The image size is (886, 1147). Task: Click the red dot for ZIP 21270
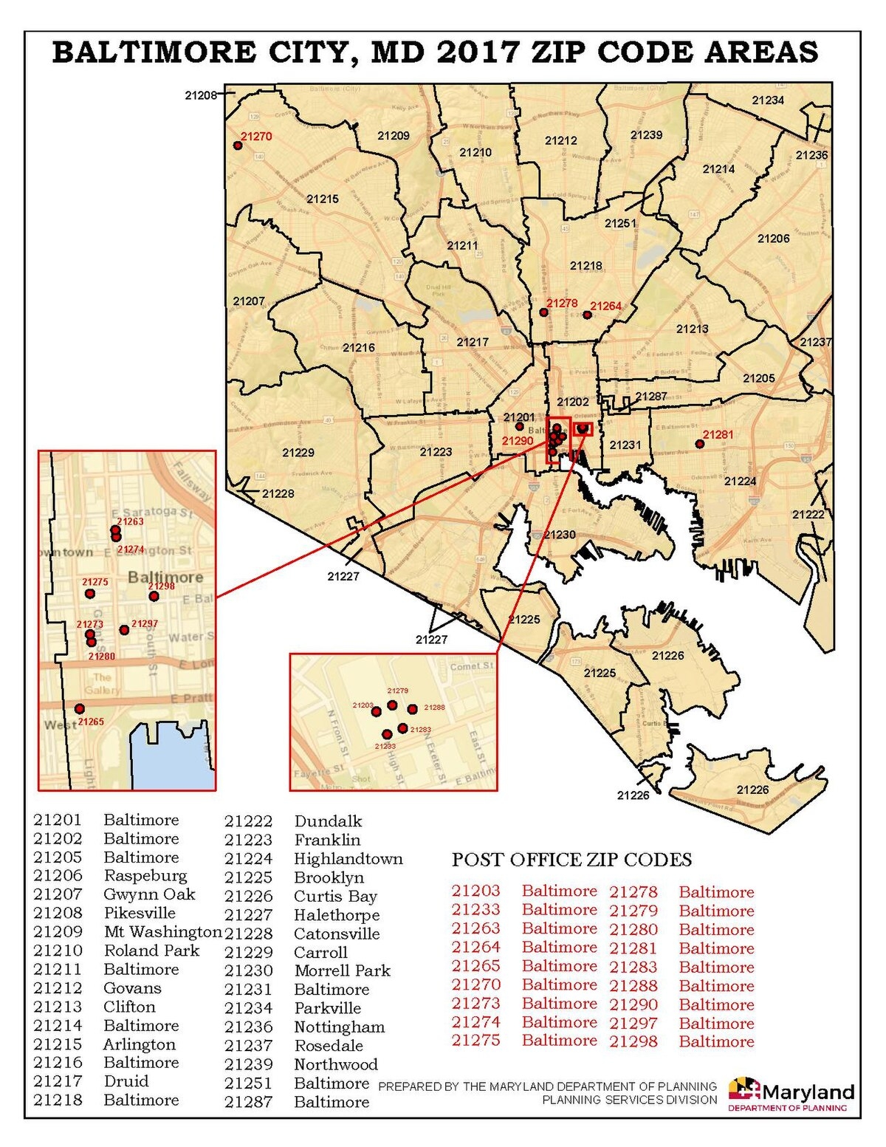point(238,145)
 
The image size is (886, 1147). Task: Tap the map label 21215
point(323,199)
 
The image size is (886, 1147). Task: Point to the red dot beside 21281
point(700,444)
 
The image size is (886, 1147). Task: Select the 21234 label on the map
point(768,100)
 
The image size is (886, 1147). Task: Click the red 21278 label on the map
point(562,304)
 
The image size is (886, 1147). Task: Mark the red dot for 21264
point(587,315)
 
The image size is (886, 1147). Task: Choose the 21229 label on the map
point(298,453)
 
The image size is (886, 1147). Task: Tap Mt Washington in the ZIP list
point(162,932)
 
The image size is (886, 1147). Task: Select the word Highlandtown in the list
point(348,859)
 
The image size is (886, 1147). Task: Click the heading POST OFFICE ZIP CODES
point(571,860)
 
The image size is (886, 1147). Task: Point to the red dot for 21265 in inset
point(80,709)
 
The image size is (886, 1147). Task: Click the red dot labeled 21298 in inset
point(154,596)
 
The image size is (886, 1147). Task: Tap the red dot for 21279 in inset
point(392,705)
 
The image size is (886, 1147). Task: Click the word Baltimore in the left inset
point(165,577)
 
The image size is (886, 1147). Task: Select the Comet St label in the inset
point(471,666)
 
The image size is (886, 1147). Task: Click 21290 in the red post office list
point(633,1004)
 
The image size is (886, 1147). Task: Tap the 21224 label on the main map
point(740,481)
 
